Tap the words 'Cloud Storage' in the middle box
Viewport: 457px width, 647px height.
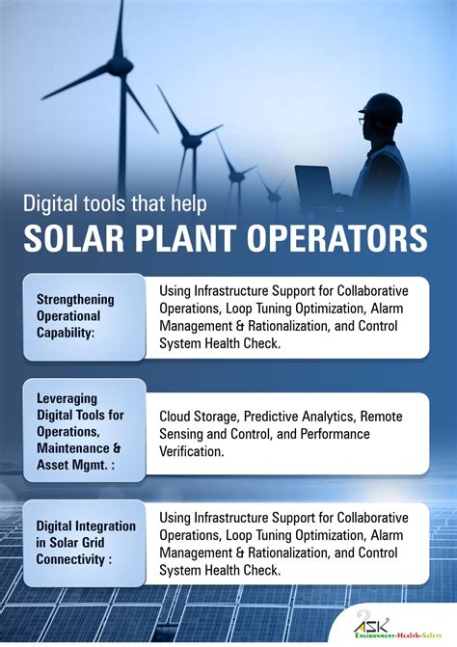(199, 416)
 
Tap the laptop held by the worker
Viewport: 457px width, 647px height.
(314, 187)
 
